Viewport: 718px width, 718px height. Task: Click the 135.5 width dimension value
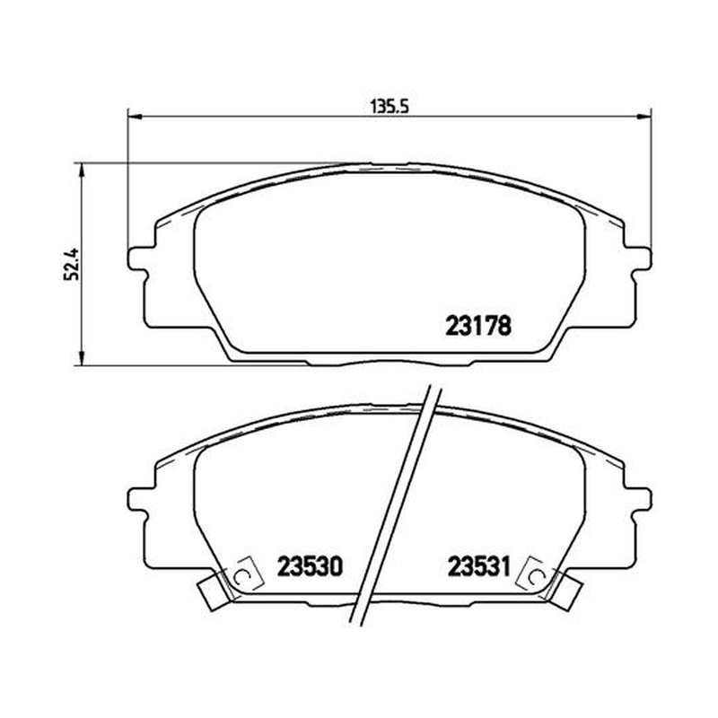coord(389,106)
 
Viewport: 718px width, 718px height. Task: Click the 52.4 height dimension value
coord(72,265)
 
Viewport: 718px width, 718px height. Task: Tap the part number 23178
coord(478,327)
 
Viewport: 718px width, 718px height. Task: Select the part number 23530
coord(310,566)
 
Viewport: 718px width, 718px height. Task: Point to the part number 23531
coord(478,566)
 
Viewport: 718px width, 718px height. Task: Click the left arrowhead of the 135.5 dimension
coord(135,118)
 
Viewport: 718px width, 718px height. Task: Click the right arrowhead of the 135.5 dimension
coord(643,118)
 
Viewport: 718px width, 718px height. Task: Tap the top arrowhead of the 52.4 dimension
coord(82,171)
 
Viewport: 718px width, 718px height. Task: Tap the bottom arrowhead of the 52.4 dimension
coord(82,358)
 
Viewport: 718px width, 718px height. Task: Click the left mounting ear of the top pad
coord(137,262)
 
